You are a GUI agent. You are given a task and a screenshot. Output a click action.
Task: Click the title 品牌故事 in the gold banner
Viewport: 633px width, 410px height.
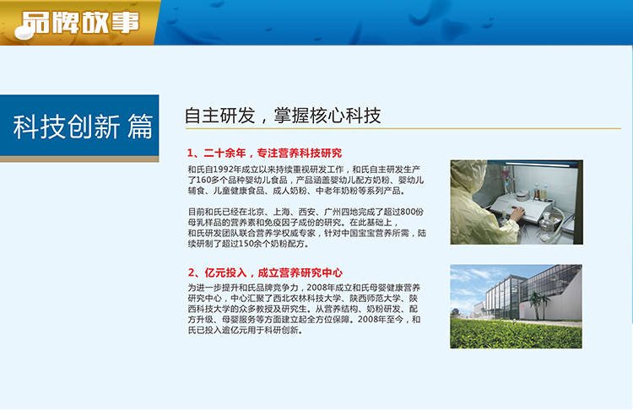pos(80,22)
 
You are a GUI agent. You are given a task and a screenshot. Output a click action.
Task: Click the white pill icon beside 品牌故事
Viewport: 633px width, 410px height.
pos(24,32)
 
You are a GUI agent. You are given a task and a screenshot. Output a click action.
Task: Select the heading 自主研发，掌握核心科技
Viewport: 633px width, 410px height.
pos(283,116)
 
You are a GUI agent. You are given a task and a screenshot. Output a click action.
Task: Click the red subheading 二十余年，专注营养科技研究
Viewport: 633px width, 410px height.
pos(273,153)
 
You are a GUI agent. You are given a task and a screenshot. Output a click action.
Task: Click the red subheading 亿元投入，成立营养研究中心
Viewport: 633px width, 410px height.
pos(273,272)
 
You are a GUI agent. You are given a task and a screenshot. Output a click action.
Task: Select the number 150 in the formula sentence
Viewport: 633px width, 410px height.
pos(246,243)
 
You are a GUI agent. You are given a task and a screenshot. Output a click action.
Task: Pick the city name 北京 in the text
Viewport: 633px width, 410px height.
pos(256,212)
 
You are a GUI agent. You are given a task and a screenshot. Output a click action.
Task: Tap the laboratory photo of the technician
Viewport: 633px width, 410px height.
pos(517,202)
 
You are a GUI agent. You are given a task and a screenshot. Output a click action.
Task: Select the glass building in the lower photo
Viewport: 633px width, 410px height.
pos(529,294)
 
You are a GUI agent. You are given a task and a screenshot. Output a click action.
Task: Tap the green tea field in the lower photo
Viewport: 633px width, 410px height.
pos(516,334)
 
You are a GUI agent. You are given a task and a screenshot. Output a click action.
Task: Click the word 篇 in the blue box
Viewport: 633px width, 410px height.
pos(140,127)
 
